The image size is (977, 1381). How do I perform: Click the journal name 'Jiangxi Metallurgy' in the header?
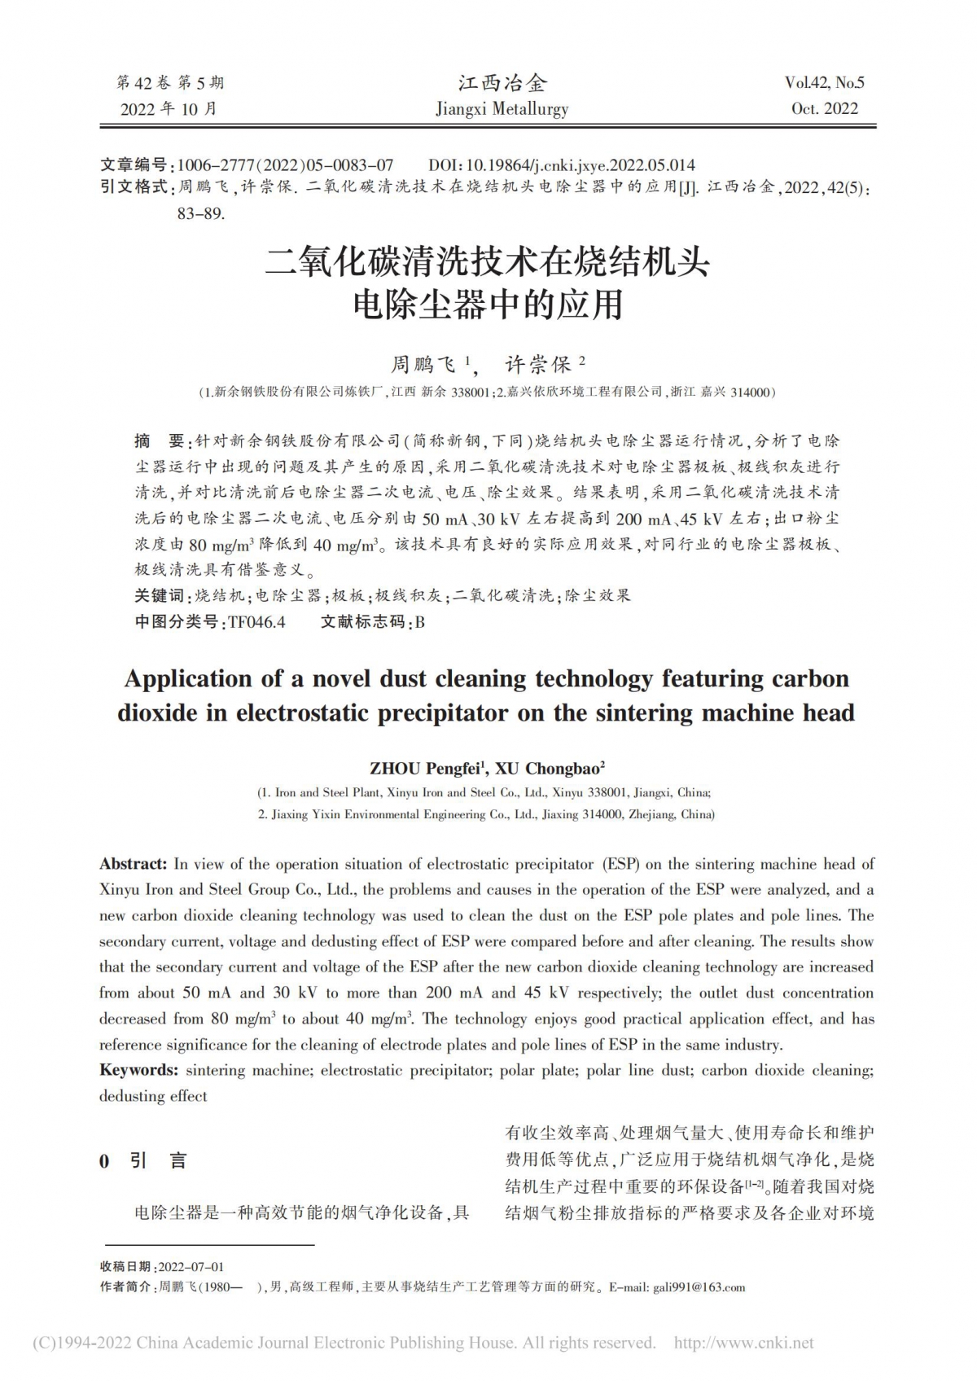pyautogui.click(x=502, y=109)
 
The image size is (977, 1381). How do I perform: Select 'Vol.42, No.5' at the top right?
pyautogui.click(x=824, y=82)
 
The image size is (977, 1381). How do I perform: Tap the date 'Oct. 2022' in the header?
pyautogui.click(x=825, y=109)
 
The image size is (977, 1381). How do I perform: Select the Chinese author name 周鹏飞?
pyautogui.click(x=424, y=364)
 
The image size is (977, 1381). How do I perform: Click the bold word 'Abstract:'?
pyautogui.click(x=133, y=864)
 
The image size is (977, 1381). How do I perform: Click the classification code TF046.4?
pyautogui.click(x=256, y=622)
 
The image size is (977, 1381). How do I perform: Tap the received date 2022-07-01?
pyautogui.click(x=191, y=1267)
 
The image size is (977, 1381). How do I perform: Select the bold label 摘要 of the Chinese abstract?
pyautogui.click(x=160, y=441)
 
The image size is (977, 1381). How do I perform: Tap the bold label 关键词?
pyautogui.click(x=160, y=596)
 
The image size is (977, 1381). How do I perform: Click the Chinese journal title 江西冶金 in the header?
pyautogui.click(x=502, y=82)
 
